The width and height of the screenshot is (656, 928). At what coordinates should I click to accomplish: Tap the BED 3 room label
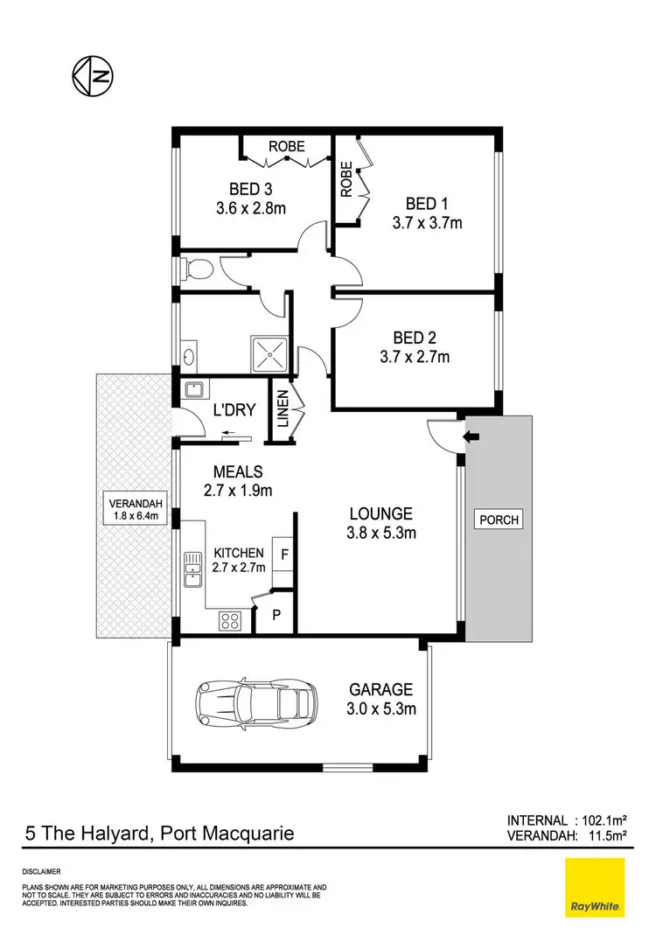250,190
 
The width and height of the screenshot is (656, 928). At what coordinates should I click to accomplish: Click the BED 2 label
415,337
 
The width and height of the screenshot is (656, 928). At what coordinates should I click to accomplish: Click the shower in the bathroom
269,352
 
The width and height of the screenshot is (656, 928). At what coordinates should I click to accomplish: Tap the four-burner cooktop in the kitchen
230,620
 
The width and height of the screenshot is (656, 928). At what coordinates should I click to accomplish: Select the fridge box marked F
283,554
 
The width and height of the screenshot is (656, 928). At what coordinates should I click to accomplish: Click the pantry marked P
276,615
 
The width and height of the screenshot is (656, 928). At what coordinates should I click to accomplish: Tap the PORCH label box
499,520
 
